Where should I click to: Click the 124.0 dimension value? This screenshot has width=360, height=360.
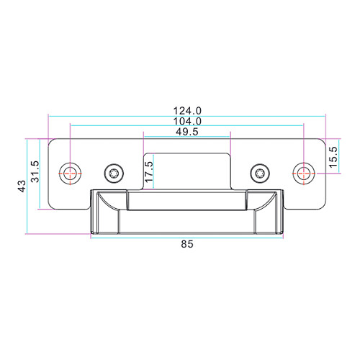(x=187, y=111)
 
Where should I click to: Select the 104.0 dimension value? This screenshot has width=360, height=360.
(x=187, y=122)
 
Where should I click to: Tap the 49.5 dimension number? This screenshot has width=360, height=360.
(x=187, y=132)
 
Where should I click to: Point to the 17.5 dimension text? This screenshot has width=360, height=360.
(x=149, y=171)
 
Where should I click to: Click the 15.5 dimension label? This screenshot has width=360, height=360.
(x=333, y=157)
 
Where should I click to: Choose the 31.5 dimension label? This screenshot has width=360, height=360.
(x=35, y=171)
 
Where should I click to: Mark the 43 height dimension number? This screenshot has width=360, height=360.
(x=22, y=186)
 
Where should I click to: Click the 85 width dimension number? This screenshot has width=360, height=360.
(x=187, y=244)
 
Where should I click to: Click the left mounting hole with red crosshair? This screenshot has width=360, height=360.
(x=70, y=174)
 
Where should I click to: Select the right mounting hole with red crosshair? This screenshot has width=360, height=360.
(x=304, y=174)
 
